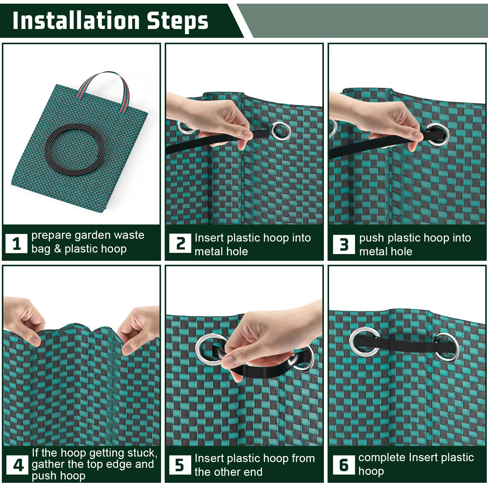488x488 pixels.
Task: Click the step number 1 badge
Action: tap(16, 243)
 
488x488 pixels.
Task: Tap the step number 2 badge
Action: tap(180, 243)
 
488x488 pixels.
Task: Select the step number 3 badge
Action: tap(344, 244)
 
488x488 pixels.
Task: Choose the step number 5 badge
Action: tap(180, 465)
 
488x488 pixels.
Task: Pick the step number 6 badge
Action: tap(344, 465)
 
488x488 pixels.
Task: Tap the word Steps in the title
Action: tap(178, 21)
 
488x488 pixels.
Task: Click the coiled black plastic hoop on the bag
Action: tap(74, 149)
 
